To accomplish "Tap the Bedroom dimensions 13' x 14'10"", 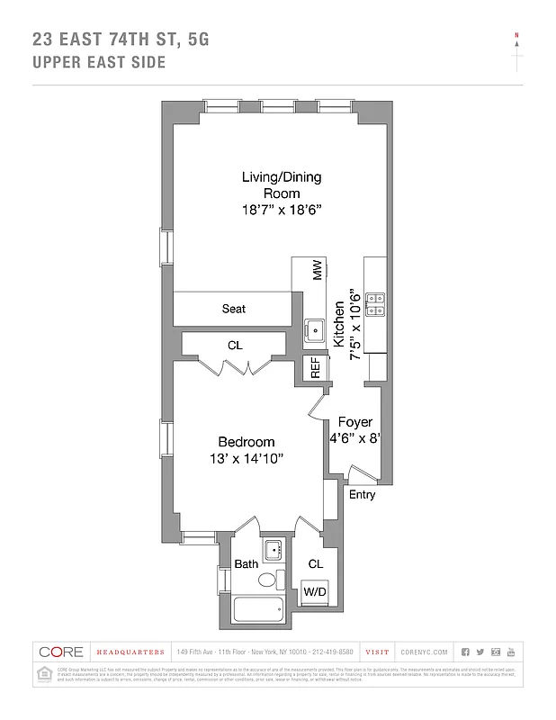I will [246, 458].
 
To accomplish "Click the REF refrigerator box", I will [315, 367].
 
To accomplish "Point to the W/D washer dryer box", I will [314, 591].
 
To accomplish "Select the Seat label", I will [234, 309].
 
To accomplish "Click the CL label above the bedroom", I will [234, 345].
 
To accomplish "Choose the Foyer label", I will [354, 422].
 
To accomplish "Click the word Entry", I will [362, 495].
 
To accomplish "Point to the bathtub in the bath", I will [258, 609].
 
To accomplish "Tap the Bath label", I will [247, 564].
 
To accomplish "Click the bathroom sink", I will [274, 550].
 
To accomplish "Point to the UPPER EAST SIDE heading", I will [99, 63].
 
